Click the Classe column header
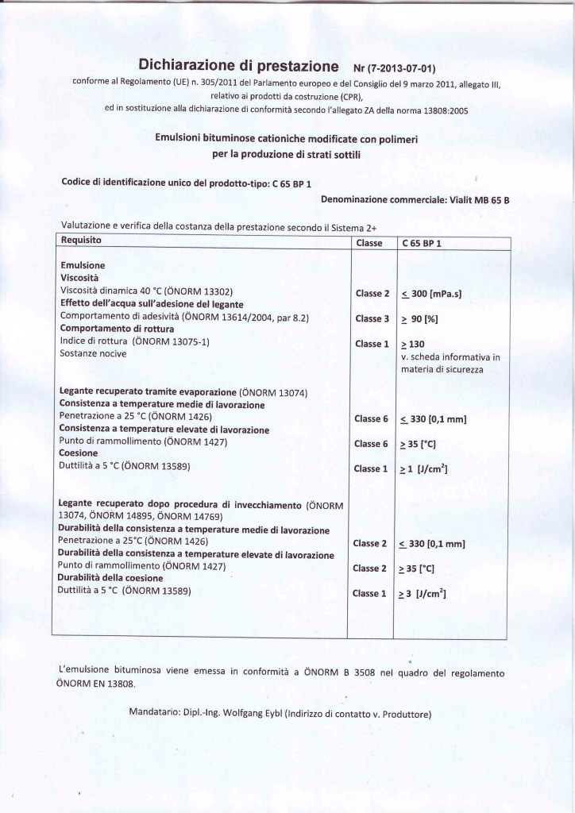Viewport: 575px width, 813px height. click(369, 243)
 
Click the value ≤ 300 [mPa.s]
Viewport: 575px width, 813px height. click(432, 295)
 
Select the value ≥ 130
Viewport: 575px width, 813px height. click(413, 344)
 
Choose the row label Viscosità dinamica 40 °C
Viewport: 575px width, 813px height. click(147, 291)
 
